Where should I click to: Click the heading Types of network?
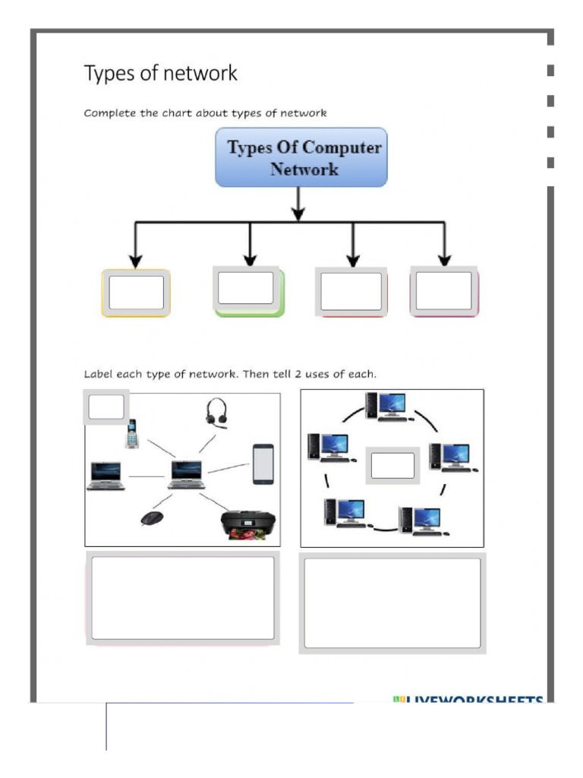pos(160,74)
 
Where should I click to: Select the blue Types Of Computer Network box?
pos(301,157)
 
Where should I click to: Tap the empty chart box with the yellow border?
pos(136,293)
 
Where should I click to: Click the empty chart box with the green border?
pos(247,290)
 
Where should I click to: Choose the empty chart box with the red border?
pos(351,292)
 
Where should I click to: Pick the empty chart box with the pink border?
pos(445,292)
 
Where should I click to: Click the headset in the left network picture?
pos(216,415)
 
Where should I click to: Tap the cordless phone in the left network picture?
pos(132,434)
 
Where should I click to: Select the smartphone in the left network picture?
pos(263,464)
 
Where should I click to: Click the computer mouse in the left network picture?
pos(152,518)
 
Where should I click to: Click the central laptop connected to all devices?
pos(187,474)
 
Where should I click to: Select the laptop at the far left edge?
pos(106,476)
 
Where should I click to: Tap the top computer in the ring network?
pos(389,407)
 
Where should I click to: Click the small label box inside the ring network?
pos(392,465)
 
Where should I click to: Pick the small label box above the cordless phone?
pos(106,407)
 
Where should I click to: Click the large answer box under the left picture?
pos(182,598)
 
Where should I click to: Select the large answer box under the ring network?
pos(392,602)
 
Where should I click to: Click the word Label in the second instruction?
pos(98,375)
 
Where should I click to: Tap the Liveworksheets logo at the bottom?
pos(468,699)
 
